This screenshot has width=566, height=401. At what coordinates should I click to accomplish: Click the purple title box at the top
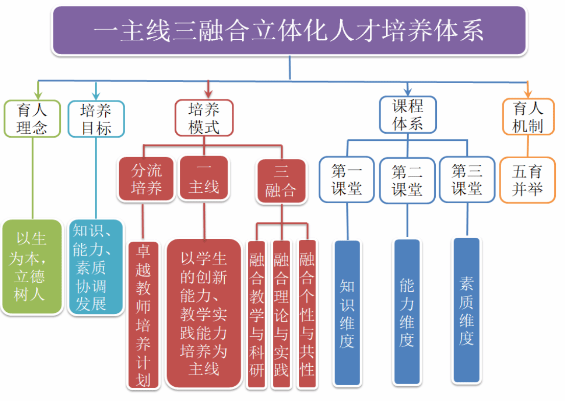(x=289, y=31)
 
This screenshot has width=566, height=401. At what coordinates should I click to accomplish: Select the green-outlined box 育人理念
(x=32, y=118)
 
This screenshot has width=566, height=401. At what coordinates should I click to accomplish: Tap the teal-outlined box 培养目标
(x=96, y=118)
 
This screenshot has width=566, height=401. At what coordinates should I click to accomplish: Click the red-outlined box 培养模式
(x=204, y=117)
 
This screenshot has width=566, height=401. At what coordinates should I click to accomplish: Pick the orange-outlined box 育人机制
(x=528, y=116)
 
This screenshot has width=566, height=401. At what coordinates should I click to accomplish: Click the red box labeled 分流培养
(x=147, y=179)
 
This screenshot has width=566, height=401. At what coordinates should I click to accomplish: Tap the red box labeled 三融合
(x=281, y=181)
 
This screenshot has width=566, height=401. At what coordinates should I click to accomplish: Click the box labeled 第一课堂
(x=347, y=180)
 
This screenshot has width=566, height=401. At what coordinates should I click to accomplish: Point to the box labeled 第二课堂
(x=407, y=180)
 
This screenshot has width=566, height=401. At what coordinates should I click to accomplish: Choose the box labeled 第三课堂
(x=467, y=180)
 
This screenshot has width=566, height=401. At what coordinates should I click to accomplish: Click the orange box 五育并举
(x=527, y=180)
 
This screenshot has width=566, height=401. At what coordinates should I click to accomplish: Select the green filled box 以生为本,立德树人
(x=31, y=266)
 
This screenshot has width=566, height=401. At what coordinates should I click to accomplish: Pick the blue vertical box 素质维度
(x=466, y=310)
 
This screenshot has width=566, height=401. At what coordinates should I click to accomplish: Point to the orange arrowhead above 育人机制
(x=528, y=92)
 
